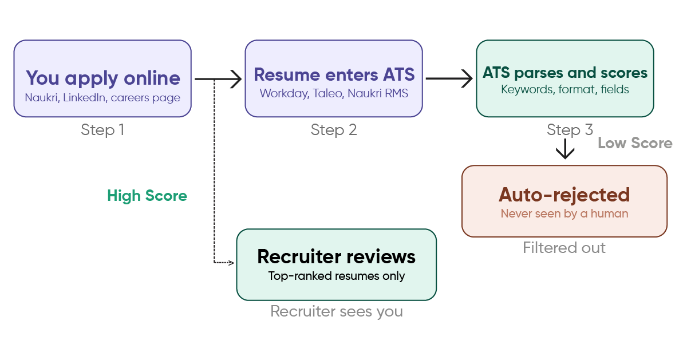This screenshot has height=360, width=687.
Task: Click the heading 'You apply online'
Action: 103,78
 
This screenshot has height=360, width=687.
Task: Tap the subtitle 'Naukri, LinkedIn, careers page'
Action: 102,97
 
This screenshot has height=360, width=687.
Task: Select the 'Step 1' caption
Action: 102,130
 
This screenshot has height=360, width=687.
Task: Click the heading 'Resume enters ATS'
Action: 334,74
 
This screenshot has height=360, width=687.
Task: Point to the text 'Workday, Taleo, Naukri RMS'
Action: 334,93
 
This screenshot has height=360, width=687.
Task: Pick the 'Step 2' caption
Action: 334,130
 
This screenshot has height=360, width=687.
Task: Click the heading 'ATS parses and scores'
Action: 565,73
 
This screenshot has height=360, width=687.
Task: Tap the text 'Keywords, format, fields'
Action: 565,89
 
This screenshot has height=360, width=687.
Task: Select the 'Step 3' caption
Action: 570,130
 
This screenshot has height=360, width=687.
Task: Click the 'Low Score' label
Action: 635,143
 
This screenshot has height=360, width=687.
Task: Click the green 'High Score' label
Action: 147,196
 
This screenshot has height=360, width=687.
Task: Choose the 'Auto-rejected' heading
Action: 564,195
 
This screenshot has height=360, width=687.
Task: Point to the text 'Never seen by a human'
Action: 564,213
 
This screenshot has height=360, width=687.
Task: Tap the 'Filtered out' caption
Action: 564,248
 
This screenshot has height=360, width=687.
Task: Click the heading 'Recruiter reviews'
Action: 337,256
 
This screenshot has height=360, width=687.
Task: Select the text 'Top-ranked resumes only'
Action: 337,276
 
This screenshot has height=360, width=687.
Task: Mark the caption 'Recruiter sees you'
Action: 337,311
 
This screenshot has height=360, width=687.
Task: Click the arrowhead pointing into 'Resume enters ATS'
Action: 236,79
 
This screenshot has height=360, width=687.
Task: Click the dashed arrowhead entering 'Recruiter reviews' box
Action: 231,263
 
